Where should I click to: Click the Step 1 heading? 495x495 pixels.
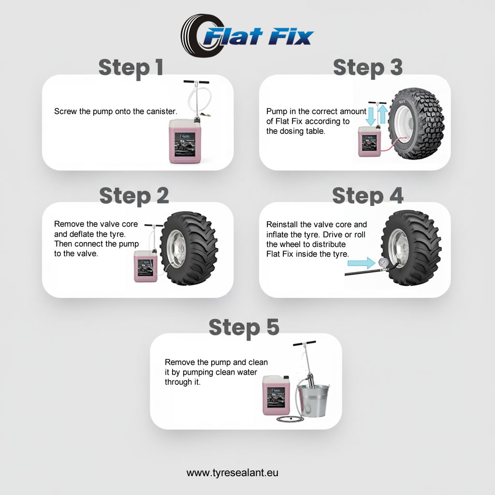(x=131, y=68)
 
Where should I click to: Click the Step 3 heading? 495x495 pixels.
(x=368, y=68)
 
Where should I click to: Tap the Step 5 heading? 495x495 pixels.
(x=244, y=327)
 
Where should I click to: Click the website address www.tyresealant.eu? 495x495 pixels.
(x=233, y=473)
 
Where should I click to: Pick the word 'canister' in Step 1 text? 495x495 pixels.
(x=161, y=111)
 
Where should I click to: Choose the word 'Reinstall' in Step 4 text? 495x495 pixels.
(x=282, y=224)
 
